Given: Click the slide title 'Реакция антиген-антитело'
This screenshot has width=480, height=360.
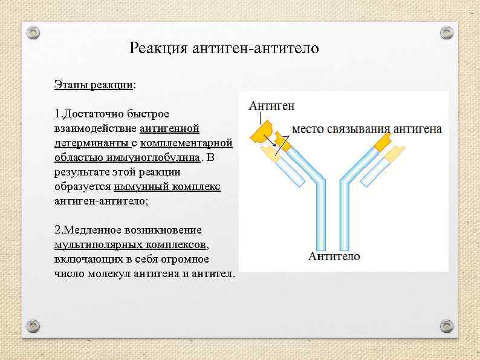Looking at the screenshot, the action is (224, 48).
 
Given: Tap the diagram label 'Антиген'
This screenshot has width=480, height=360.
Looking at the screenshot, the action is (272, 106).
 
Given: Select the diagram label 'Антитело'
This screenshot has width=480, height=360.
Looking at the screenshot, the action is (334, 256).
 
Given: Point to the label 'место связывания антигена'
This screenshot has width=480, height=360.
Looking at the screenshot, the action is (367, 129).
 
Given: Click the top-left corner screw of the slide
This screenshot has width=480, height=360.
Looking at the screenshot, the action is (34, 31).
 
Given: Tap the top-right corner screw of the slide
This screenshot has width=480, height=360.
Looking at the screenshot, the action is (446, 31).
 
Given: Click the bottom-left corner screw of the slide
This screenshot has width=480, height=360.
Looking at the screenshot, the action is (34, 326).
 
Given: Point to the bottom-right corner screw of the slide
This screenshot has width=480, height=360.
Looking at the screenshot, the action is (446, 326).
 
